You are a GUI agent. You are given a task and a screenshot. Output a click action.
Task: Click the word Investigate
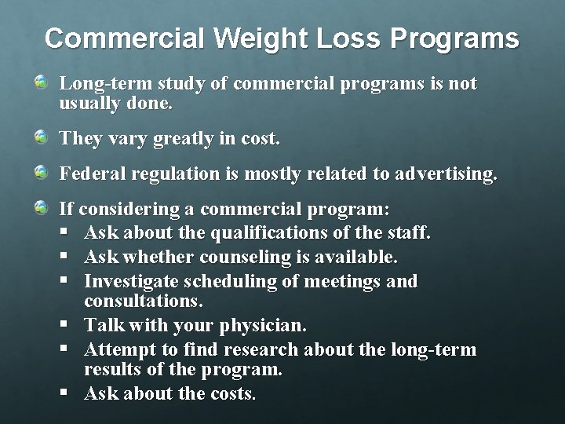133,280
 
